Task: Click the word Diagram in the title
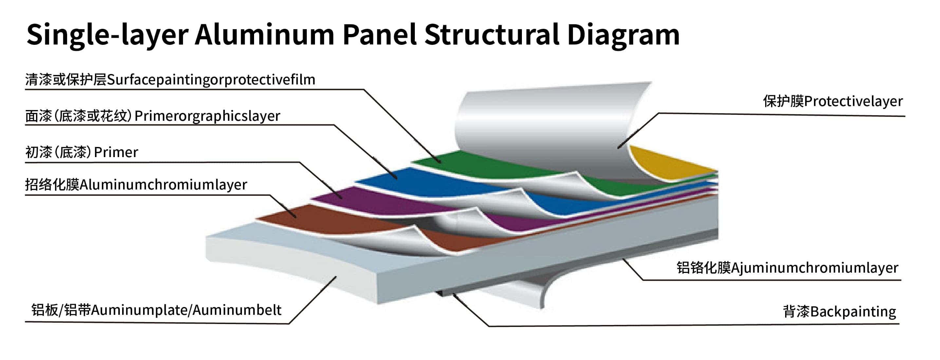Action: tap(623, 35)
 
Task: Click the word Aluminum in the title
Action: tap(264, 35)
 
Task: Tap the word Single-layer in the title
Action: tap(107, 35)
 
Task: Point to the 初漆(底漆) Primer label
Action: tap(82, 152)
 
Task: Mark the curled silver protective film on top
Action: tap(547, 120)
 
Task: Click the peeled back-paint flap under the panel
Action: tap(518, 292)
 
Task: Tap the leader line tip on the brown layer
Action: tap(295, 217)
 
